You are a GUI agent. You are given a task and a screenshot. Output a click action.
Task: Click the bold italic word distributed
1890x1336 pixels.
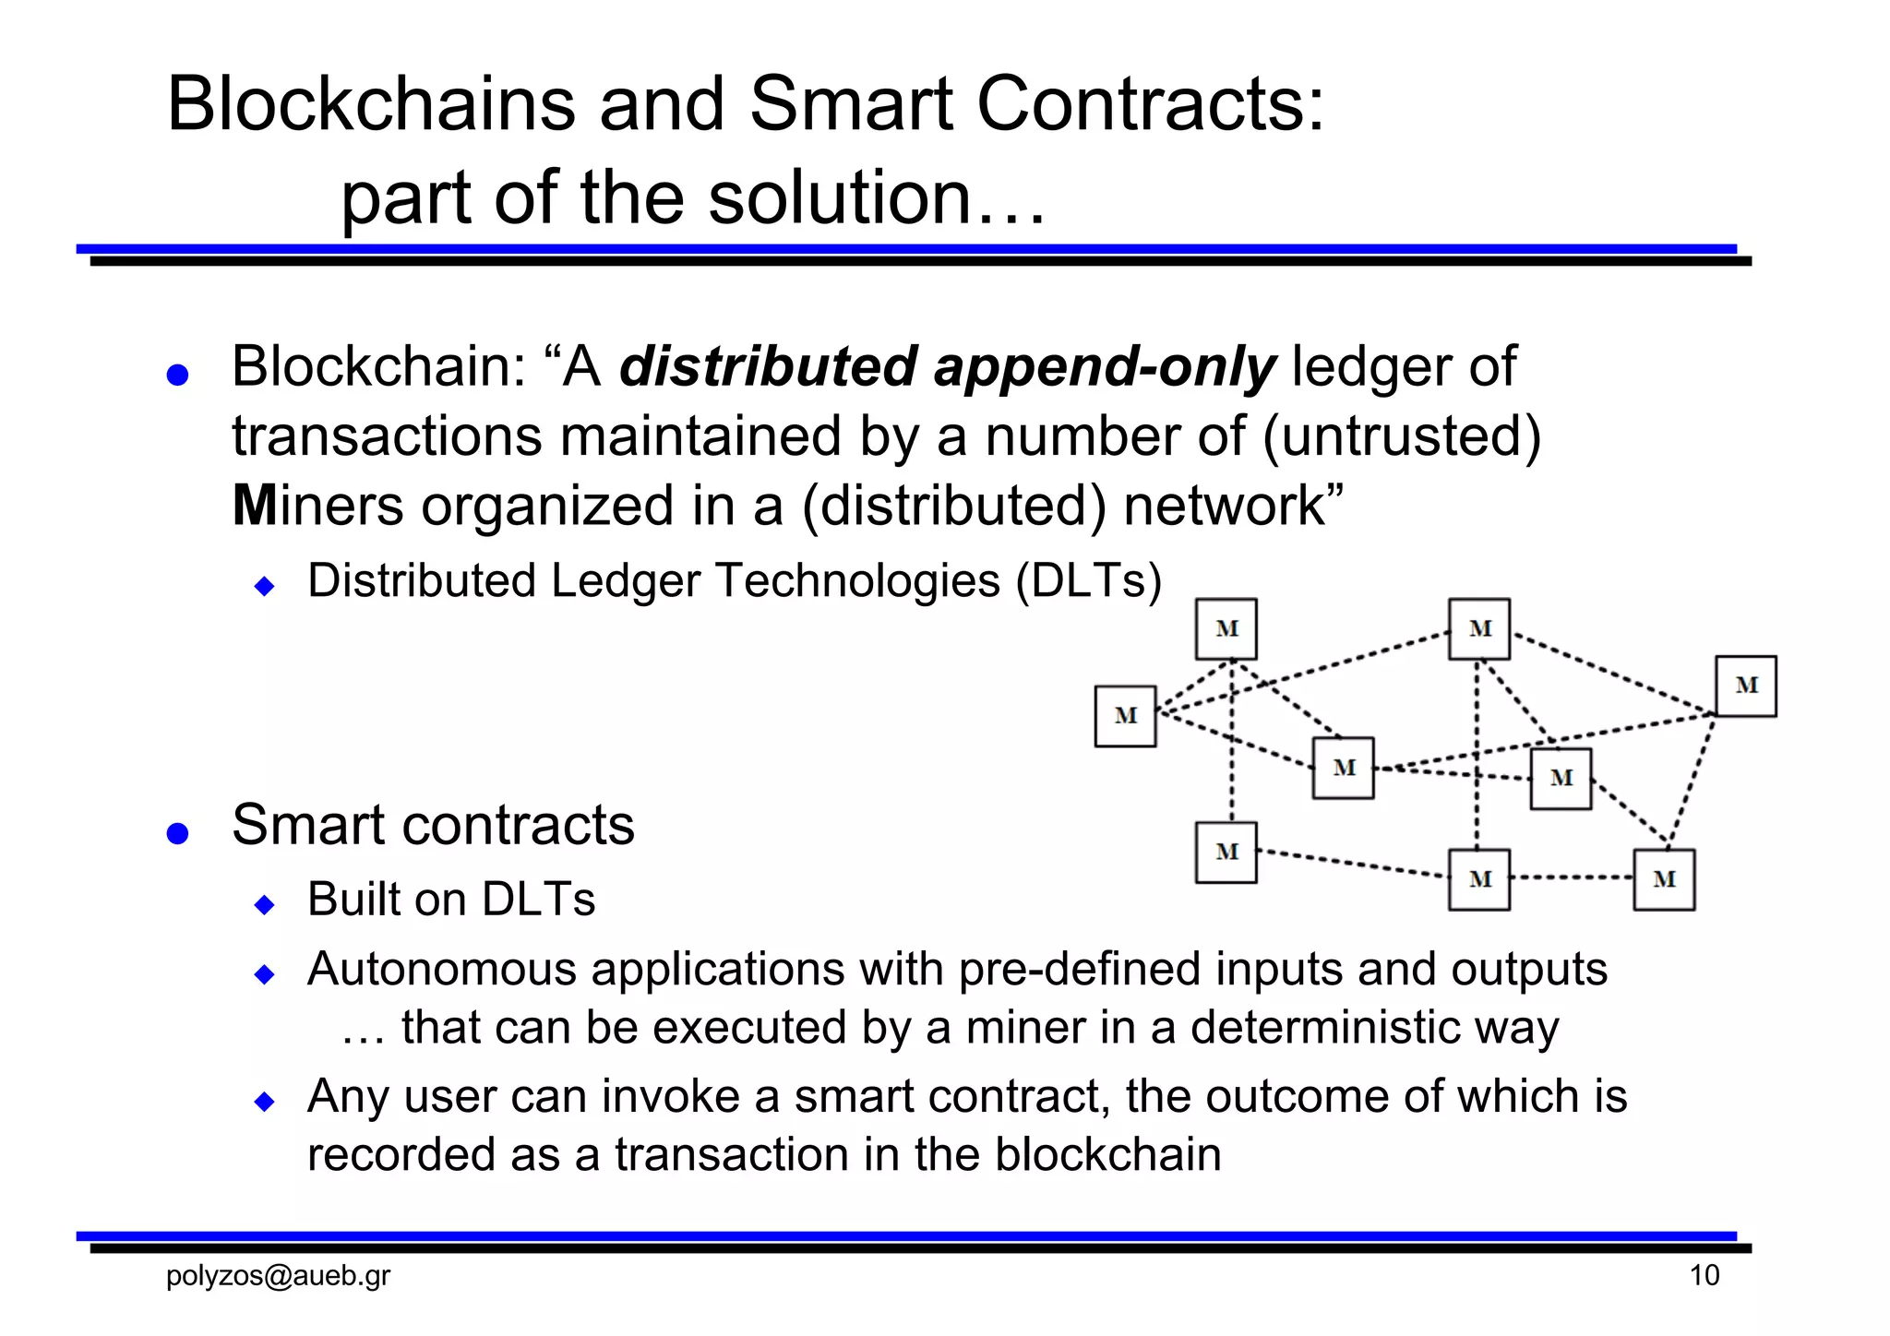[768, 366]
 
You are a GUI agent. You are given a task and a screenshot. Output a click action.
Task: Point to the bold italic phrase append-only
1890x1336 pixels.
[1105, 366]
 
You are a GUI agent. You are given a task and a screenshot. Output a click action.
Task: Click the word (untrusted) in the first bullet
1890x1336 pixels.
[1401, 435]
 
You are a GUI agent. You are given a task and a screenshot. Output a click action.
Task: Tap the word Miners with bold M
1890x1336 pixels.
[317, 506]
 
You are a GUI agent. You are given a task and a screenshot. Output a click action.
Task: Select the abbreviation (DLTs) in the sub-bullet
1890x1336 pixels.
[1088, 580]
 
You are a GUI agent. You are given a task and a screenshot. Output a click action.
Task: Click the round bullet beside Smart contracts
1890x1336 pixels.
[177, 833]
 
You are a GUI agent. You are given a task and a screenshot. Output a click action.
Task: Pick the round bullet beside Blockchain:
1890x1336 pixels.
[177, 375]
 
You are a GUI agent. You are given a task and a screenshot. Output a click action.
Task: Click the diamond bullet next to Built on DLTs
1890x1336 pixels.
[265, 904]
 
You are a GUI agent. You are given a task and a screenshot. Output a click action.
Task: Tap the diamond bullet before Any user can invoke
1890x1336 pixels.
[265, 1101]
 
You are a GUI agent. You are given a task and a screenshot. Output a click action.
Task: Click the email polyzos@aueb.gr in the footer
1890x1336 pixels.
[278, 1275]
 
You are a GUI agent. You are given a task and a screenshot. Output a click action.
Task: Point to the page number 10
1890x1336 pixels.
[1704, 1275]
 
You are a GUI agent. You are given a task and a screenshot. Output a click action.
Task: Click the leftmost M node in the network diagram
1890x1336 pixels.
[1125, 716]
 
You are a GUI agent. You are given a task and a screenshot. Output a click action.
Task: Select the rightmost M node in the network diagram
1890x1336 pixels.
[1745, 686]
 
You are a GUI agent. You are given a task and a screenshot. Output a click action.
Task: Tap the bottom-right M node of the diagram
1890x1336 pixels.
[1664, 879]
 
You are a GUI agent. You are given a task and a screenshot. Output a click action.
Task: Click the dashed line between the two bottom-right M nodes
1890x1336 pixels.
[1572, 877]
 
